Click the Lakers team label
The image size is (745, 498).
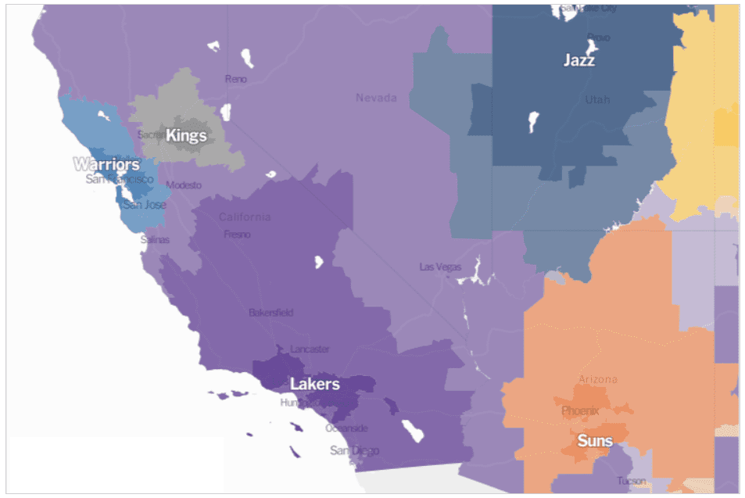tap(315, 384)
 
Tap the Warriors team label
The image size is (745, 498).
tap(107, 164)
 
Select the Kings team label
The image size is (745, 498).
tap(186, 135)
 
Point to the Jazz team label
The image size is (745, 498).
tap(579, 60)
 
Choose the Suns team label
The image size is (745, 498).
tap(595, 441)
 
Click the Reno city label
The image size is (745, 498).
tap(235, 79)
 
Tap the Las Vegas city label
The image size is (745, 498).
tap(440, 267)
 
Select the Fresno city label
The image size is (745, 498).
tap(237, 234)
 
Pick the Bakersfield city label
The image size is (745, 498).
tap(271, 313)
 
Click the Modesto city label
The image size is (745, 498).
tap(184, 185)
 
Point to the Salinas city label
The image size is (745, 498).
tap(155, 240)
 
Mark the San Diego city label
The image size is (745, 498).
tap(354, 450)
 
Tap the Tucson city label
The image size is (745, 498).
tap(631, 481)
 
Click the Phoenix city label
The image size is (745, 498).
tap(580, 410)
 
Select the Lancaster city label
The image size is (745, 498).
tap(310, 349)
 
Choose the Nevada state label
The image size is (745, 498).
tap(376, 98)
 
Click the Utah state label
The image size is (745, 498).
tap(598, 100)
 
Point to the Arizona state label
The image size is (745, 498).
tap(597, 379)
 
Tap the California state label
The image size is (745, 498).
tap(245, 217)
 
